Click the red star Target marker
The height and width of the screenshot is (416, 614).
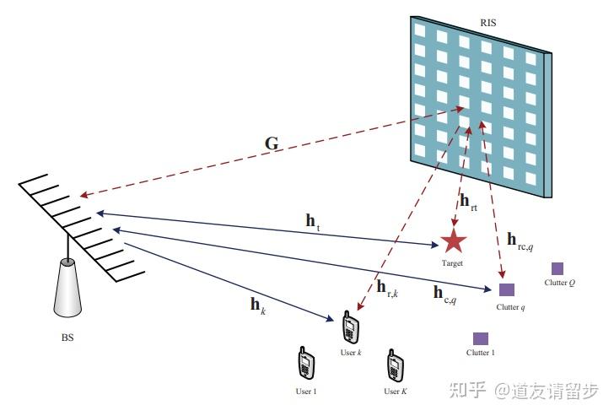tap(454, 242)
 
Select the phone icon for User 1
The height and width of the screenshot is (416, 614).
tap(306, 365)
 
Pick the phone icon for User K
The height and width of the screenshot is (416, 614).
tap(395, 365)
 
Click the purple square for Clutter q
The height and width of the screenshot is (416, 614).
tap(507, 289)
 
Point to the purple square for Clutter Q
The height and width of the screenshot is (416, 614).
tap(557, 268)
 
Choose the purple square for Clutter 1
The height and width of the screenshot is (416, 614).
tap(481, 338)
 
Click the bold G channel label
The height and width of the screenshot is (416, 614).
tap(272, 144)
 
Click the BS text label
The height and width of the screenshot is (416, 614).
tap(67, 338)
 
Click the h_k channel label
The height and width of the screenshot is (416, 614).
tap(258, 305)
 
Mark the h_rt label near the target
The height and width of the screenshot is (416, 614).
tap(468, 202)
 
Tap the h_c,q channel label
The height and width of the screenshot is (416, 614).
tap(444, 294)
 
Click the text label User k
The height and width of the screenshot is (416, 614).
tap(350, 351)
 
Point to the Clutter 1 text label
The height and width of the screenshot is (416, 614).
tap(480, 353)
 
